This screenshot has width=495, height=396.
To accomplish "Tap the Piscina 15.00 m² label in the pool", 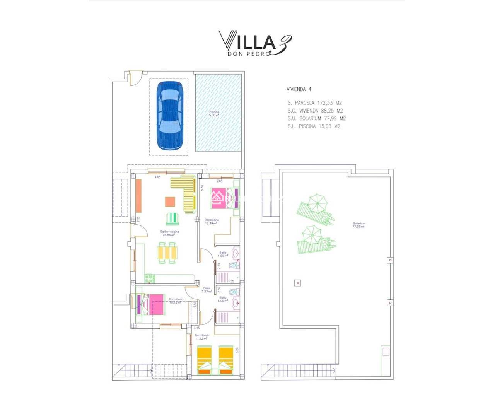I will [214, 114].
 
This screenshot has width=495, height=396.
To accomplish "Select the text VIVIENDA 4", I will [299, 89].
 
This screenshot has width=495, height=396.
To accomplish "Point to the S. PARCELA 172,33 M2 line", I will [314, 103].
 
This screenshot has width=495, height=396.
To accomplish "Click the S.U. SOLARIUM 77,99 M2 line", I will [316, 119].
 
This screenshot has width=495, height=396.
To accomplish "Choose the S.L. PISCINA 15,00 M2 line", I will [314, 126].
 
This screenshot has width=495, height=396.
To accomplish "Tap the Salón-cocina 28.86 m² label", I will [169, 233].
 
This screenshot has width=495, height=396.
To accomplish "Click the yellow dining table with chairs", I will [168, 253].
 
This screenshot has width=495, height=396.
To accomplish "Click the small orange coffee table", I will [170, 202].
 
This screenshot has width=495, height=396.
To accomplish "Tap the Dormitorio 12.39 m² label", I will [212, 222].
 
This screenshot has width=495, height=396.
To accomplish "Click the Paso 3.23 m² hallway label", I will [207, 290].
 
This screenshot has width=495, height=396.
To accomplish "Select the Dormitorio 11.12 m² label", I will [202, 337].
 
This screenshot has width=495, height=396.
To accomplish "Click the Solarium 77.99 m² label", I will [358, 225].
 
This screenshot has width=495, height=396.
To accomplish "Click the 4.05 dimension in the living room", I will [157, 177].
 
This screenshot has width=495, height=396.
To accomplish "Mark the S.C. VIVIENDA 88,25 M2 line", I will [315, 111].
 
